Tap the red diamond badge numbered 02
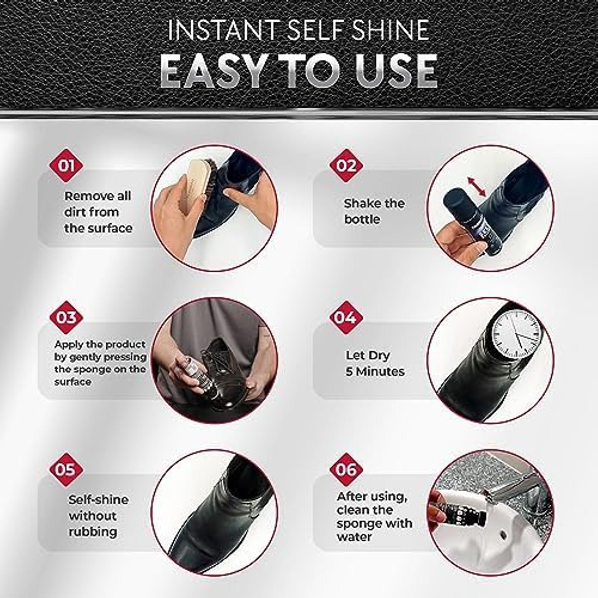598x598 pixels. tap(346, 166)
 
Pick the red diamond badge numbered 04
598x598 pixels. tap(346, 317)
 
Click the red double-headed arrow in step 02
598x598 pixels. tap(477, 187)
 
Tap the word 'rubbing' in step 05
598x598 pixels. tap(93, 532)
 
